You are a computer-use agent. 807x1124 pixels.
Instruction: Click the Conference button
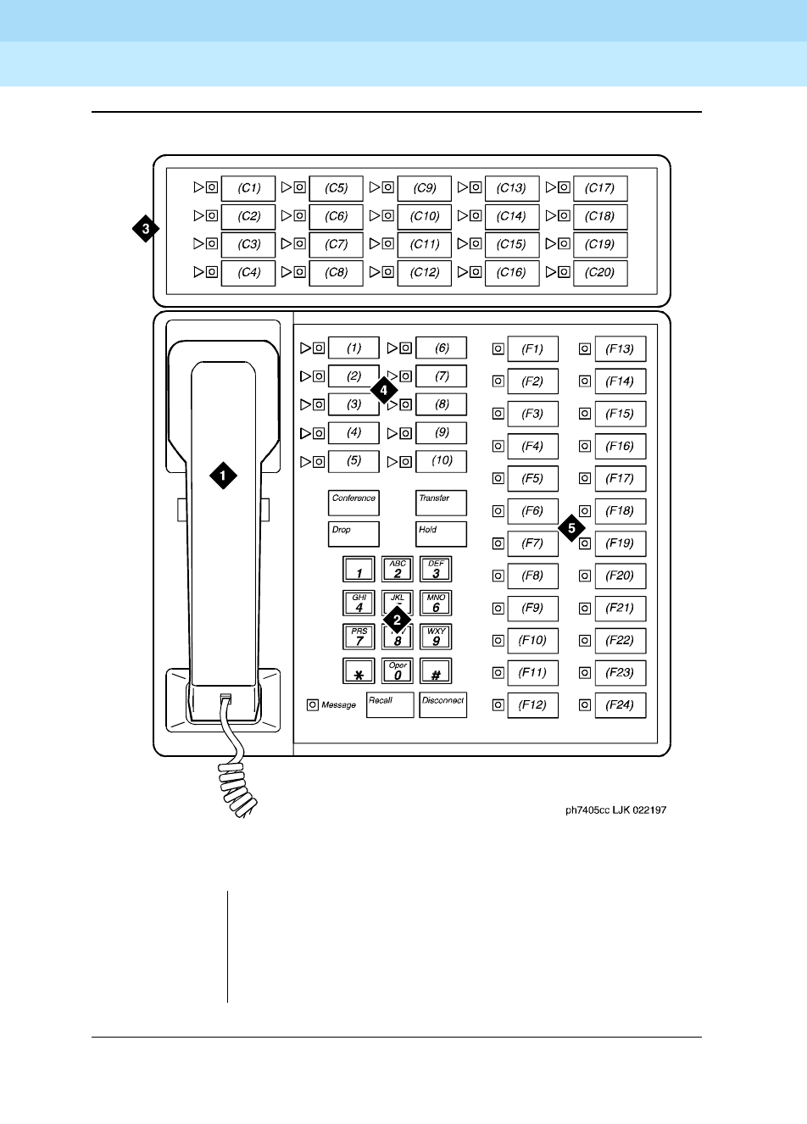353,503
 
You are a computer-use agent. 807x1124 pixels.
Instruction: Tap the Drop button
353,534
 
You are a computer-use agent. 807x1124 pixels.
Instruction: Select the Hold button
441,534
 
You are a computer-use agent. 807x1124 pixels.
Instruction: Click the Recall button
390,705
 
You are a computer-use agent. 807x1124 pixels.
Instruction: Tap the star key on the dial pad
359,671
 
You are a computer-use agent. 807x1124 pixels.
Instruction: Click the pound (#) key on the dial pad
436,671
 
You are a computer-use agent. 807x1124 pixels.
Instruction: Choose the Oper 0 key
398,671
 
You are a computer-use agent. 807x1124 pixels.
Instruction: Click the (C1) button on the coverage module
248,188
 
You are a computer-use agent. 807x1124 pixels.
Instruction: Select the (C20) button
600,273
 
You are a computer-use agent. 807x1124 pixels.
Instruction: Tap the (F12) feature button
532,705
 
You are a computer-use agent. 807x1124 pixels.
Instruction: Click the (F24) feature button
620,705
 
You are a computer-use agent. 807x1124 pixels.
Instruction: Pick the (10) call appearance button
442,461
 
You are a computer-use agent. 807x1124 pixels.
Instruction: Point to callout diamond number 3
146,229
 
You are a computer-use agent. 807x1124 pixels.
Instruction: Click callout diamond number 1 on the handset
223,476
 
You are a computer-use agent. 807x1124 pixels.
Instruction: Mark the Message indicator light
312,704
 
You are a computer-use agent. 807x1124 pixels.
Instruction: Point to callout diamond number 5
571,527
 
